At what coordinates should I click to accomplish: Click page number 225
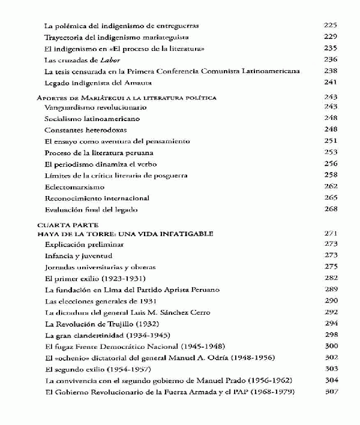[330, 26]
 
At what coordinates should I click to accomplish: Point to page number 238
[330, 71]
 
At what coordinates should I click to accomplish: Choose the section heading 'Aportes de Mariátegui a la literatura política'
[127, 97]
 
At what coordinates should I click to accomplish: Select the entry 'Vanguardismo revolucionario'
[88, 107]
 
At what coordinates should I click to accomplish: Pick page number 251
[331, 141]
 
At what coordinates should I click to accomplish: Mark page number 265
[331, 198]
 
